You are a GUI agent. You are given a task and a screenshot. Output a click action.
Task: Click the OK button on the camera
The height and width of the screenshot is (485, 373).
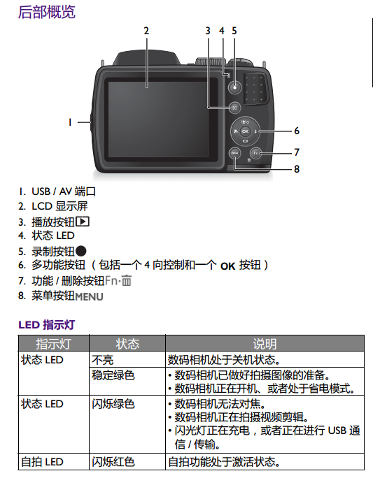(x=245, y=131)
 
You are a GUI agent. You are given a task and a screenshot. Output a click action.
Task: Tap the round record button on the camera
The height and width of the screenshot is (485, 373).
(x=235, y=87)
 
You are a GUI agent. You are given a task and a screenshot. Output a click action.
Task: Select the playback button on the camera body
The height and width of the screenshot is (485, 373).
(x=235, y=108)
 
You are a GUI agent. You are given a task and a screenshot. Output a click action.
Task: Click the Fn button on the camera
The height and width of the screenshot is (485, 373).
(x=256, y=153)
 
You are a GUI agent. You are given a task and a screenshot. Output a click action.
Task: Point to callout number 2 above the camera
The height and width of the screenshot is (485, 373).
(x=146, y=31)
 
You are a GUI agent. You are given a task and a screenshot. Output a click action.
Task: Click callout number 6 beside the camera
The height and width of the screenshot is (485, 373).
(x=297, y=131)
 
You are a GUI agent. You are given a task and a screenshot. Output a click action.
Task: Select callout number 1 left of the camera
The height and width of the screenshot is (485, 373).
(x=70, y=122)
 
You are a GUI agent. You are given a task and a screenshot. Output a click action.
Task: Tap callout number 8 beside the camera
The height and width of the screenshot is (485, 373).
(x=297, y=169)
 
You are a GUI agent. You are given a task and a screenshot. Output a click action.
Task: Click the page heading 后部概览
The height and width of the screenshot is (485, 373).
(x=47, y=13)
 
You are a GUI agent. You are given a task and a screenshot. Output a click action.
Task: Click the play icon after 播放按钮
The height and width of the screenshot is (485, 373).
(x=83, y=222)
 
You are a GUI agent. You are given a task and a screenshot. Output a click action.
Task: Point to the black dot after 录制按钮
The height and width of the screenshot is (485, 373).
(x=81, y=251)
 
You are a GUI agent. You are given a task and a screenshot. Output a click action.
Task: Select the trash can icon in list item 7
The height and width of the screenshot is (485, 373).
(x=127, y=280)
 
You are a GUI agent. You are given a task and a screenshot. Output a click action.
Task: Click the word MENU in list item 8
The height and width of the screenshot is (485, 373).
(x=89, y=296)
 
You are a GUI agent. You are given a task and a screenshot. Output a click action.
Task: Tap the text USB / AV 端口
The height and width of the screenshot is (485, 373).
(x=64, y=191)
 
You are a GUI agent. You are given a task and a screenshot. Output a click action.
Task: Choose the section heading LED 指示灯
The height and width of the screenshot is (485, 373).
(x=47, y=325)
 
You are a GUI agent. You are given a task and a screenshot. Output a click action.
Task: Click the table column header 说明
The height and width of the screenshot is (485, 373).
(x=265, y=344)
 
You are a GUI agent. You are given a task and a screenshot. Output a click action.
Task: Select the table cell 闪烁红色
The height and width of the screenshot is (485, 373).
(x=113, y=461)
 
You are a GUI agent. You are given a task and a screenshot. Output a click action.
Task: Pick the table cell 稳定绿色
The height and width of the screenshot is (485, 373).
(x=113, y=375)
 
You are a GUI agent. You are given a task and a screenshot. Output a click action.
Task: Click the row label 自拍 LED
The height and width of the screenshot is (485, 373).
(x=42, y=461)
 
